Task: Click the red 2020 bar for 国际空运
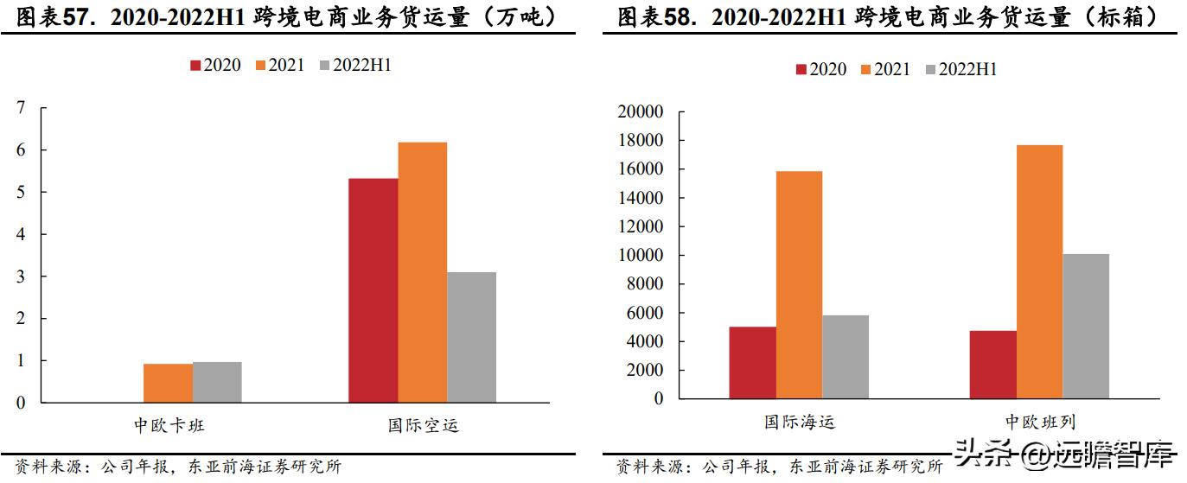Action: pyautogui.click(x=373, y=290)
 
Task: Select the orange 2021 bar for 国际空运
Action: pyautogui.click(x=422, y=272)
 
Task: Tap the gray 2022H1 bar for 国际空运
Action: pyautogui.click(x=471, y=337)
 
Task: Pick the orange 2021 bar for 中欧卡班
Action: pyautogui.click(x=168, y=383)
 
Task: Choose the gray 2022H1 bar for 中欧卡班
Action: pyautogui.click(x=217, y=382)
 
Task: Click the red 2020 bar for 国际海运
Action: pyautogui.click(x=752, y=362)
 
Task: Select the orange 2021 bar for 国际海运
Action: pyautogui.click(x=799, y=284)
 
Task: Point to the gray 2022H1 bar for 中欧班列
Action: pyautogui.click(x=1086, y=326)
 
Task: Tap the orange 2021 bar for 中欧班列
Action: pyautogui.click(x=1039, y=271)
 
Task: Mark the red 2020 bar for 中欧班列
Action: pyautogui.click(x=992, y=364)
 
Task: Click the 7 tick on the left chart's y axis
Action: pyautogui.click(x=21, y=108)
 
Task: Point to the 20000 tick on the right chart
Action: pyautogui.click(x=641, y=112)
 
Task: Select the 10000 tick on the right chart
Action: pyautogui.click(x=641, y=256)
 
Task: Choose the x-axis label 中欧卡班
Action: pyautogui.click(x=169, y=425)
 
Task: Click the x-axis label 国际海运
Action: pyautogui.click(x=799, y=422)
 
